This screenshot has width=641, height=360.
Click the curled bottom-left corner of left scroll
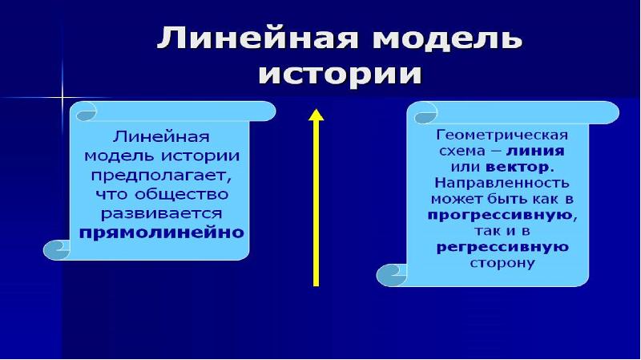click(x=57, y=249)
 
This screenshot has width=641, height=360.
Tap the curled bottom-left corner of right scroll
click(x=391, y=277)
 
